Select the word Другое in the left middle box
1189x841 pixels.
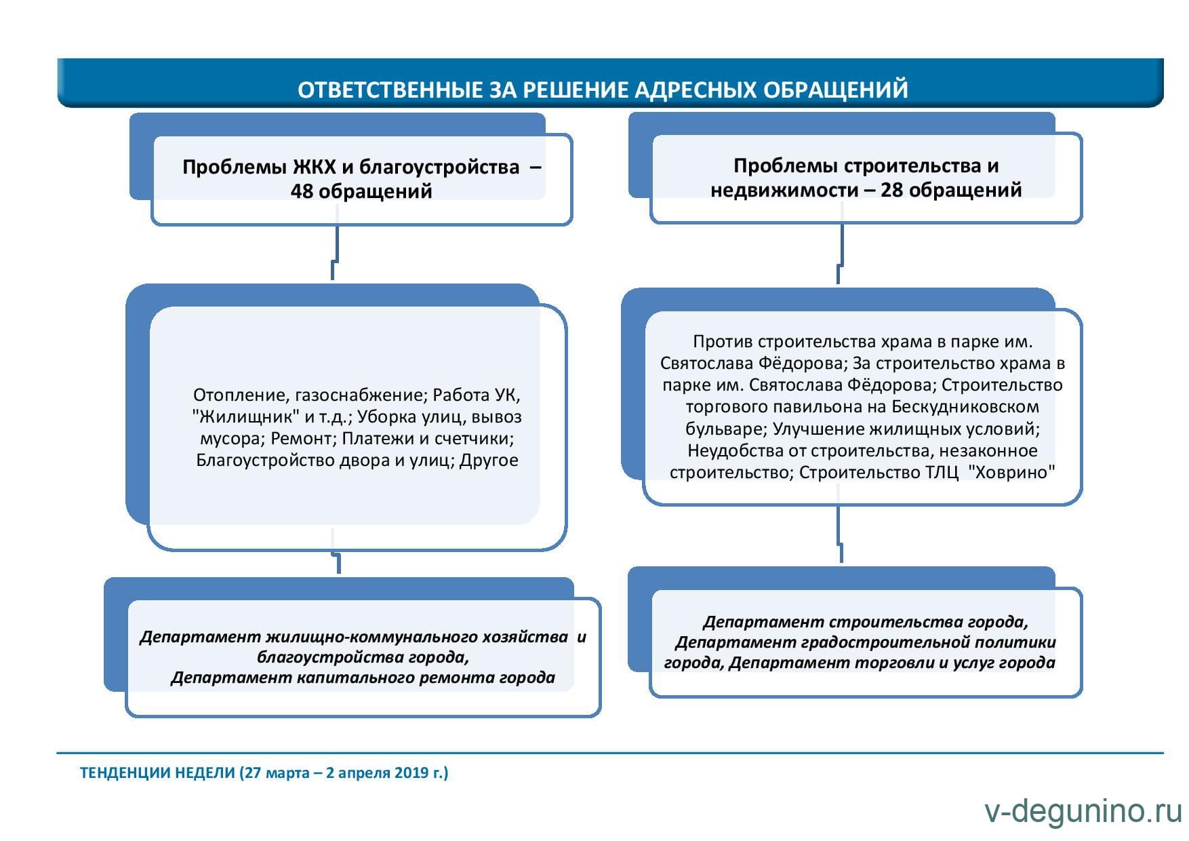coord(489,460)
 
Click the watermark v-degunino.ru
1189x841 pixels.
coord(1083,812)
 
